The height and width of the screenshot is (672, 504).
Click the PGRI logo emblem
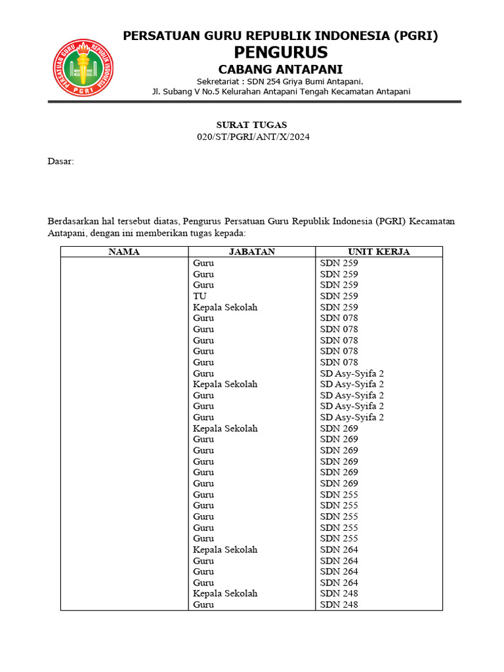pyautogui.click(x=83, y=67)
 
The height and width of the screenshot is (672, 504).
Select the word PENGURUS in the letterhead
pyautogui.click(x=281, y=52)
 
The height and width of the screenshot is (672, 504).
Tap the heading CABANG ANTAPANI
pyautogui.click(x=281, y=70)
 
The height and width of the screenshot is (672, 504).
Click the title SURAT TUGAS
pyautogui.click(x=252, y=125)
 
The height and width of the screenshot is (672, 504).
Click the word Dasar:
pyautogui.click(x=61, y=161)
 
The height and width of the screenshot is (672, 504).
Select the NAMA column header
pyautogui.click(x=124, y=252)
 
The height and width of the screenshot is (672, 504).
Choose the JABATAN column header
pyautogui.click(x=252, y=252)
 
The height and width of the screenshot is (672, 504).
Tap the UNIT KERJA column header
pyautogui.click(x=379, y=252)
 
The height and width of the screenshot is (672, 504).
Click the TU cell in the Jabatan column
pyautogui.click(x=199, y=296)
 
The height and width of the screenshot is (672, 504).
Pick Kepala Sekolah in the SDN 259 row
pyautogui.click(x=225, y=307)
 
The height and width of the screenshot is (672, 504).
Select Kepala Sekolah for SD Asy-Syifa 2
pyautogui.click(x=225, y=384)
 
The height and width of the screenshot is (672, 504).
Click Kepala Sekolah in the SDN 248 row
pyautogui.click(x=225, y=593)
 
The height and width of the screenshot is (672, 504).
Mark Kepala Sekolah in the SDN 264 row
pyautogui.click(x=225, y=549)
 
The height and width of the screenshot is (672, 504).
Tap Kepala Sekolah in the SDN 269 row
pyautogui.click(x=225, y=429)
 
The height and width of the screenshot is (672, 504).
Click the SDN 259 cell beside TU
pyautogui.click(x=339, y=296)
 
